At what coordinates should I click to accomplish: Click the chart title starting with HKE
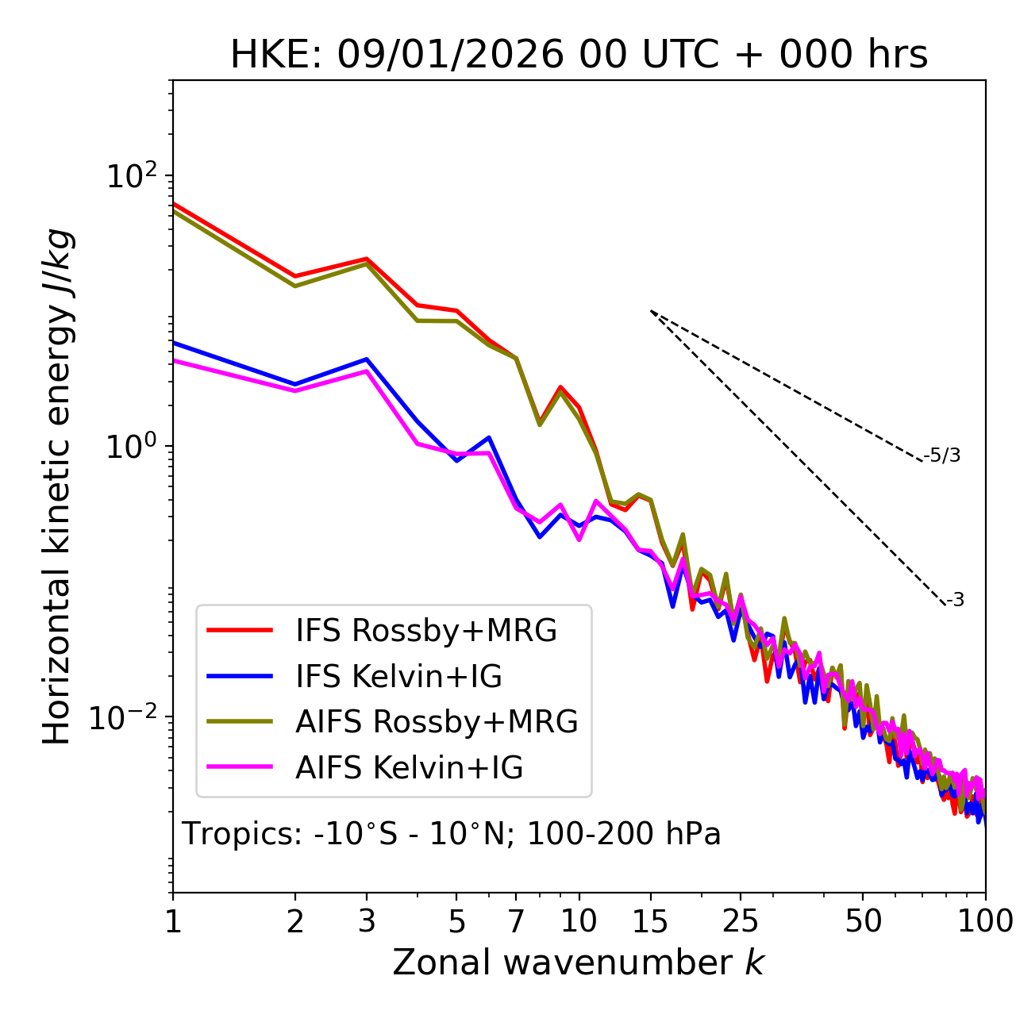(x=579, y=56)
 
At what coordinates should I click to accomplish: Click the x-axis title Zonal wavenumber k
(x=579, y=962)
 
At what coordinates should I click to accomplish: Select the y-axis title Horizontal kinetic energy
(x=57, y=486)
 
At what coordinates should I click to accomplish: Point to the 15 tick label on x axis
(x=650, y=921)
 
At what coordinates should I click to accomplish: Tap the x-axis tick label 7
(x=516, y=921)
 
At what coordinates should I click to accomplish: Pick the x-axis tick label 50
(x=863, y=921)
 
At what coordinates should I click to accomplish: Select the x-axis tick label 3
(x=367, y=921)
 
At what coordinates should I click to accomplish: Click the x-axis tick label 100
(x=985, y=921)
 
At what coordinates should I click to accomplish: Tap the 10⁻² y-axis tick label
(x=127, y=717)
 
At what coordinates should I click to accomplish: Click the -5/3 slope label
(x=942, y=455)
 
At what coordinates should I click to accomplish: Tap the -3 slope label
(x=955, y=601)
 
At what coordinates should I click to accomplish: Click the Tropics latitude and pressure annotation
(x=452, y=835)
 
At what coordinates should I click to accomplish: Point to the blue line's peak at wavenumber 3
(x=367, y=359)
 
